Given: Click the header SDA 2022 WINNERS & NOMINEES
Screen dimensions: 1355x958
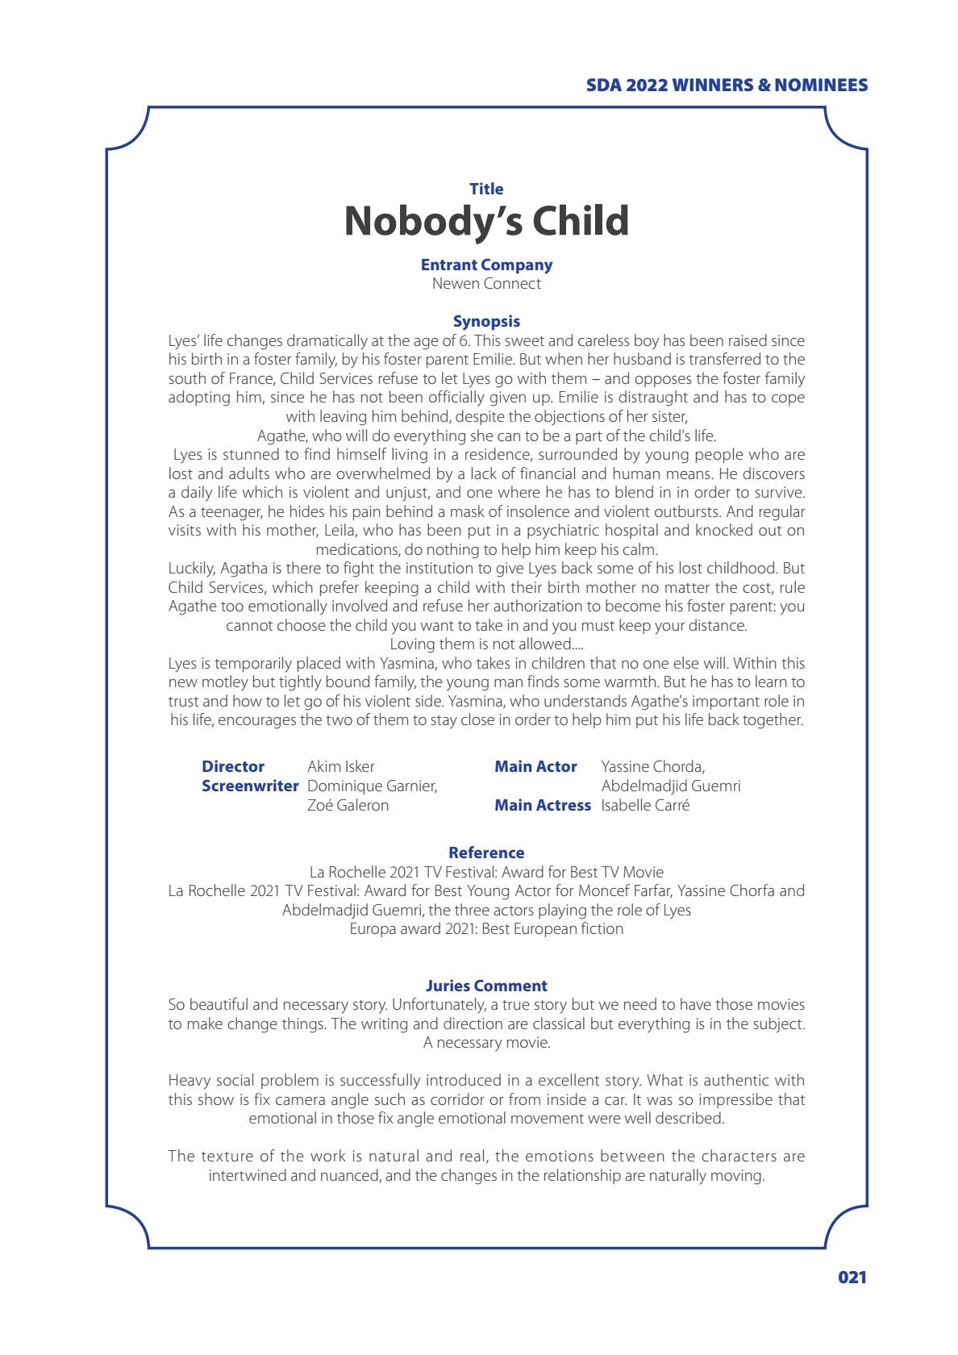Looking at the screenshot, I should (727, 85).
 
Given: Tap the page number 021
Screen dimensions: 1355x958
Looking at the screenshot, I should (852, 1277).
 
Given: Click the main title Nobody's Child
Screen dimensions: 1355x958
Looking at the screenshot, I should (486, 221).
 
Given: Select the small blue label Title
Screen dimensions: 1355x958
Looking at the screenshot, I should (486, 189).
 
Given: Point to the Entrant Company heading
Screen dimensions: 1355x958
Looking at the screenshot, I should (486, 265).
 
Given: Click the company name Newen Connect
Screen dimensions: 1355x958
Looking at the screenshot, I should (486, 284).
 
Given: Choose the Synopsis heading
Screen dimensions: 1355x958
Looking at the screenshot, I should (486, 321).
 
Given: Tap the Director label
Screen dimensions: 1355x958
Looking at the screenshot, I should (233, 766).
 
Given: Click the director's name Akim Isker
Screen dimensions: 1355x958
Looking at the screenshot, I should (341, 766).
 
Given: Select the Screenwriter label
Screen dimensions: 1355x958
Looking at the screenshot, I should (250, 786).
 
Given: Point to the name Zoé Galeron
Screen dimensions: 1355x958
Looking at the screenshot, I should (348, 805).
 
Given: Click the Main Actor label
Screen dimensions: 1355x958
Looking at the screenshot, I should (535, 766).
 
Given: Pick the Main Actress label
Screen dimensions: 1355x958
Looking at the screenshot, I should (542, 805).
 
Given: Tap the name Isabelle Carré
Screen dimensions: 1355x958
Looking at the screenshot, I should (645, 805).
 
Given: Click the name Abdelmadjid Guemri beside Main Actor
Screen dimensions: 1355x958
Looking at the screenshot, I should (670, 786).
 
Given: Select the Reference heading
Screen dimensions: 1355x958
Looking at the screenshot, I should (486, 853).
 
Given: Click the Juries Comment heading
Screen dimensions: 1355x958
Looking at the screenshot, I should (486, 986).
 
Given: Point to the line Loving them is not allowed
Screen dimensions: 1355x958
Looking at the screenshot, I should (486, 644).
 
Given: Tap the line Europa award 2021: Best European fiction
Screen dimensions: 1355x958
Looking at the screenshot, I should (486, 929).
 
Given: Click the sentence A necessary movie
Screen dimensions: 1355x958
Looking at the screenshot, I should (486, 1043).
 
